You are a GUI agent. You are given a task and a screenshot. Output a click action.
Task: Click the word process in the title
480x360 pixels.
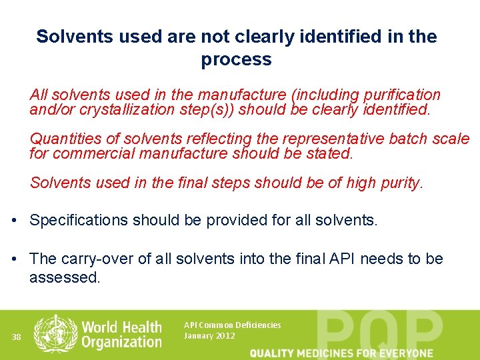pyautogui.click(x=236, y=59)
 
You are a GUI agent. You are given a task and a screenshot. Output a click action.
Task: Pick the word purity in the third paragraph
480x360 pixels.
pyautogui.click(x=401, y=183)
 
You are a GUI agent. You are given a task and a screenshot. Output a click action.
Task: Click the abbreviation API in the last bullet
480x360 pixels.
pyautogui.click(x=343, y=259)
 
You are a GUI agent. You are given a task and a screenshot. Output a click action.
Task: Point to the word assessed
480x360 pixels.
pyautogui.click(x=64, y=277)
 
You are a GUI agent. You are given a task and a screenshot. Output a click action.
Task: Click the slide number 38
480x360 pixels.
pyautogui.click(x=17, y=337)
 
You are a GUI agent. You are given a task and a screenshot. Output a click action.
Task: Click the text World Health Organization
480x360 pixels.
pyautogui.click(x=121, y=335)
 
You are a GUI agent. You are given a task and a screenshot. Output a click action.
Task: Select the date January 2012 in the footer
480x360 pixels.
pyautogui.click(x=209, y=336)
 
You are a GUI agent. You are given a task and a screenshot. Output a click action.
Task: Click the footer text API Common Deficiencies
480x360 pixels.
pyautogui.click(x=232, y=325)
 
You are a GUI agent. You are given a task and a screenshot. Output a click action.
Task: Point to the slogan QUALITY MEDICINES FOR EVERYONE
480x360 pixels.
pyautogui.click(x=341, y=353)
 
